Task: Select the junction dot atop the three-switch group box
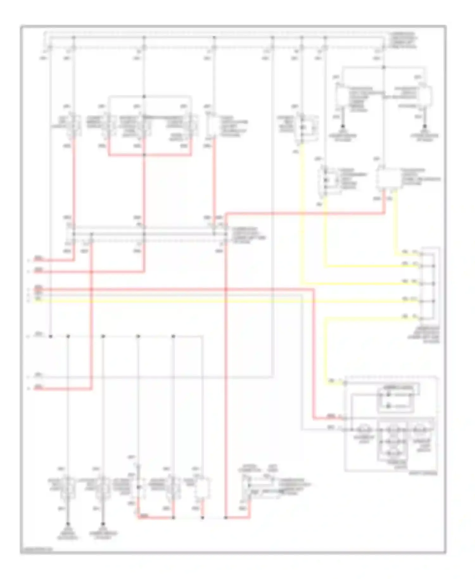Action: pyautogui.click(x=144, y=97)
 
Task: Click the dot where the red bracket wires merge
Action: pyautogui.click(x=144, y=155)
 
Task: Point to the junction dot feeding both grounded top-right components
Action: pyautogui.click(x=383, y=67)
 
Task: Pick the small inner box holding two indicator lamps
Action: pyautogui.click(x=395, y=400)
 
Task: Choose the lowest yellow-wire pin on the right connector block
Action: pyautogui.click(x=421, y=318)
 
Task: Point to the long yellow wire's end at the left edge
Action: pyautogui.click(x=34, y=301)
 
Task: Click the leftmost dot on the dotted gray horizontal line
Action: pyautogui.click(x=51, y=336)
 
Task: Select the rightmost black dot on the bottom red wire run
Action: pyautogui.click(x=225, y=518)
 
